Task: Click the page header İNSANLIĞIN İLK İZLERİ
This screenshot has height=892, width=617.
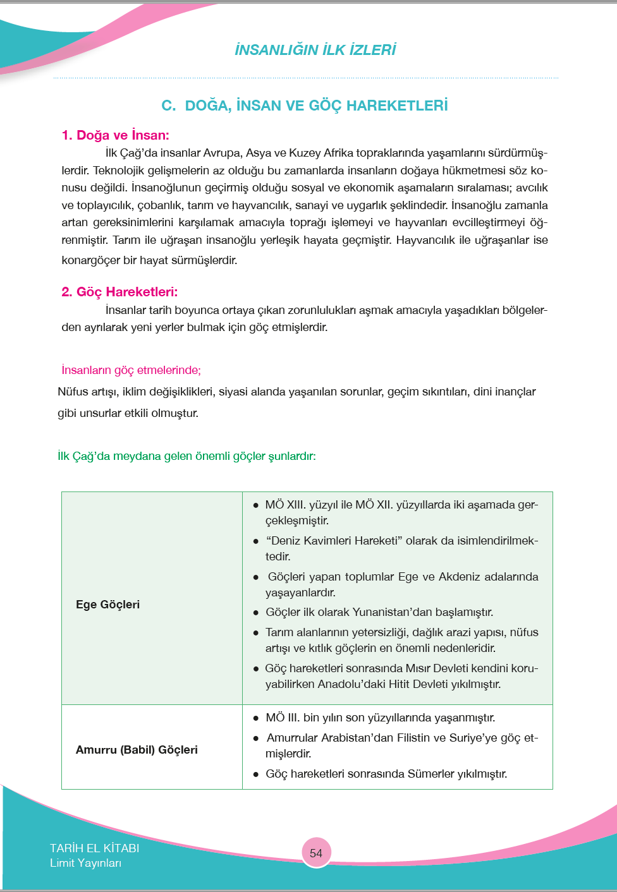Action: click(315, 50)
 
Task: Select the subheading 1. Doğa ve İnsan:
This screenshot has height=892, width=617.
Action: click(115, 135)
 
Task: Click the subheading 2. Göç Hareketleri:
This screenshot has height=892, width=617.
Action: click(119, 292)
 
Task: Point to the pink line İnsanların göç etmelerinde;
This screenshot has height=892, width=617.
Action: click(131, 370)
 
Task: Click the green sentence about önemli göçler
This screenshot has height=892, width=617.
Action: click(186, 456)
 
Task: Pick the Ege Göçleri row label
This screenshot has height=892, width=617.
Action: click(107, 605)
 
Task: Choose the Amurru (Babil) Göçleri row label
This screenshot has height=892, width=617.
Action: click(137, 750)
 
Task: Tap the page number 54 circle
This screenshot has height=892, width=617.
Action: click(316, 853)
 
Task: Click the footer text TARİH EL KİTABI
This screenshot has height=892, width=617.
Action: click(94, 848)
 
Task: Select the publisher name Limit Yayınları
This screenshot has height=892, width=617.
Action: click(85, 863)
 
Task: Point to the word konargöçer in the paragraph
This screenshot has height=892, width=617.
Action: click(90, 260)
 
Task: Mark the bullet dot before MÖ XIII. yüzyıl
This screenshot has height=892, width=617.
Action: click(256, 505)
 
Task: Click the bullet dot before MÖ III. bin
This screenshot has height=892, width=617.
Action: click(256, 718)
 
